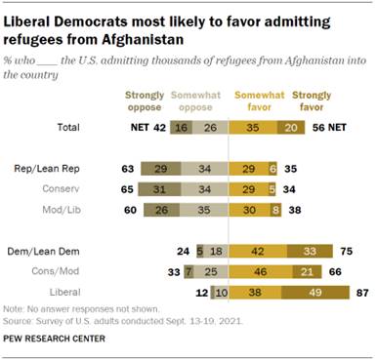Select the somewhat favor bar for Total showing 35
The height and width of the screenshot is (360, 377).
pos(254,127)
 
